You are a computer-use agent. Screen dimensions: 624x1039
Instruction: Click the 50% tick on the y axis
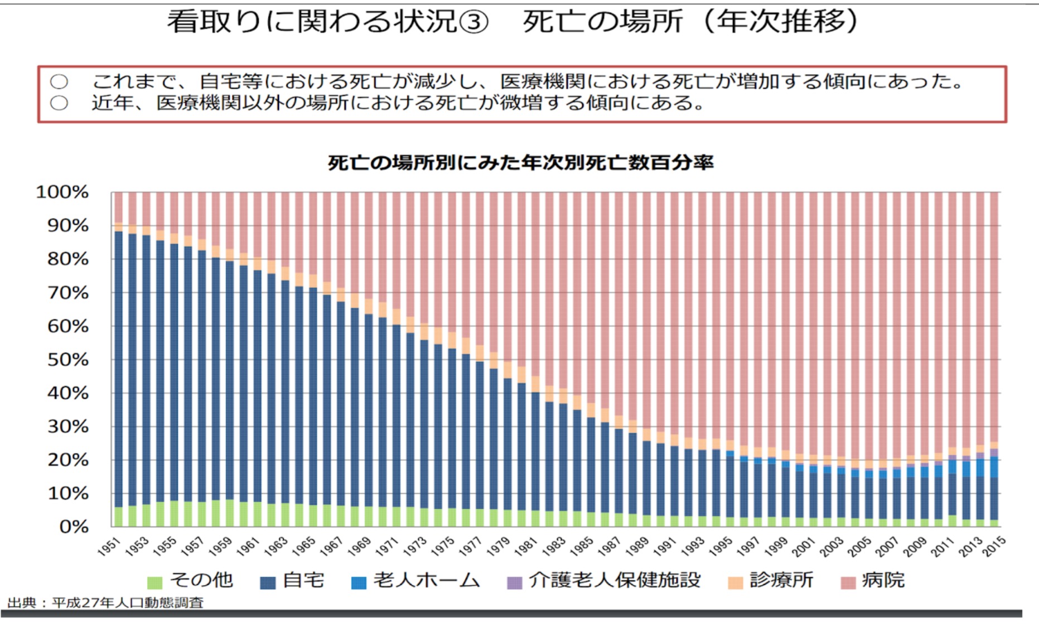68,360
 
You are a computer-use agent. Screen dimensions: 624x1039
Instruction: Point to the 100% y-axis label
62,192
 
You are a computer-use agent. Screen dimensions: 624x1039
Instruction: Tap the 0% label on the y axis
74,527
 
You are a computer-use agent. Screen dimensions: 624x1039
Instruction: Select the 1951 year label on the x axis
109,546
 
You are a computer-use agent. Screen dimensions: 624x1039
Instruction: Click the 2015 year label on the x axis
994,546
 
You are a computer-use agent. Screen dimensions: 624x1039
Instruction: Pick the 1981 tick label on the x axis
526,546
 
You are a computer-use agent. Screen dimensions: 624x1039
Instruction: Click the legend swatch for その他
154,583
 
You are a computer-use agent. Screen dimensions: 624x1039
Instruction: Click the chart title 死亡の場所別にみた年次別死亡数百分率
520,163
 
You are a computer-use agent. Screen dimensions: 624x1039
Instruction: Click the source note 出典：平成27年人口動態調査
105,603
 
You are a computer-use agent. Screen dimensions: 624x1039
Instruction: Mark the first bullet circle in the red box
59,83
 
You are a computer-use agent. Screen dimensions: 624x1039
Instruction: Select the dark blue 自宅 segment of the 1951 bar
118,368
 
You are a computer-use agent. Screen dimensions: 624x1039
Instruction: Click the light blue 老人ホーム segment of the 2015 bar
994,467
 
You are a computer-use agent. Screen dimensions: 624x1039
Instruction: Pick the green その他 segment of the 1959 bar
229,513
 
